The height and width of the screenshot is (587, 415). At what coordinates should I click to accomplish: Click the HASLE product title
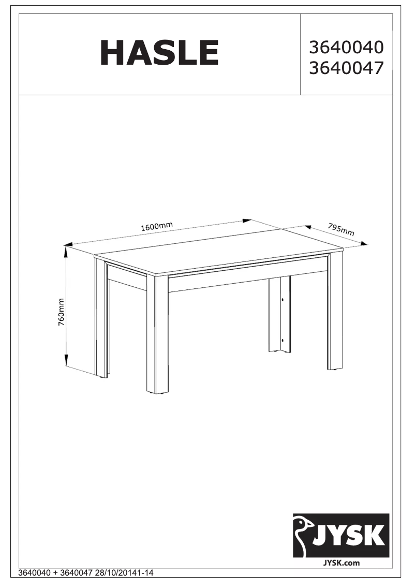coord(159,53)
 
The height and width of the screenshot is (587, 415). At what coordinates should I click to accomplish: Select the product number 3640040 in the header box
coord(346,48)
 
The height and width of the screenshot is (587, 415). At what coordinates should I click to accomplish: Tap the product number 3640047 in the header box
coord(346,68)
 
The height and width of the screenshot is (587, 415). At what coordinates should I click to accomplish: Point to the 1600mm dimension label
coord(156,226)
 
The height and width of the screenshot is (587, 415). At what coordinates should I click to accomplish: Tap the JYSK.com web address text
coord(341,563)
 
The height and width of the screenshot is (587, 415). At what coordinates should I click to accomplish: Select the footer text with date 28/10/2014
coord(86,573)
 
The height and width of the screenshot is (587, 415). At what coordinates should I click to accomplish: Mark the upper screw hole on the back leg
coord(283,299)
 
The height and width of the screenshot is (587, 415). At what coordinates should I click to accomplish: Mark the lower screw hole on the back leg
coord(283,340)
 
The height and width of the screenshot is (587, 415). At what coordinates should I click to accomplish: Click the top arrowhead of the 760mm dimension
coord(66,250)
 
